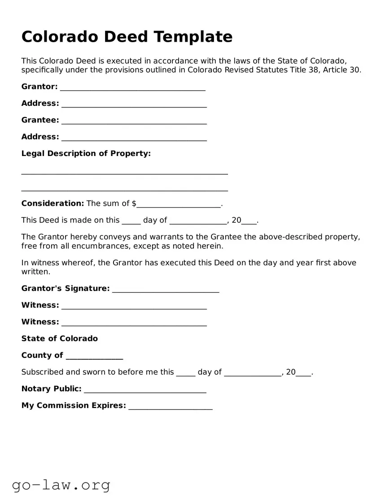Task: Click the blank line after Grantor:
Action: (x=133, y=87)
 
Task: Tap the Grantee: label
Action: (x=40, y=120)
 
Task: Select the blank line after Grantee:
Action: (x=134, y=121)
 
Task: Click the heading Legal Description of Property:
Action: (x=86, y=153)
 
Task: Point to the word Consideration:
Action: (x=53, y=204)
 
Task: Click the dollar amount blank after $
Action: (x=179, y=204)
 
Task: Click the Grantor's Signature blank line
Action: (x=166, y=289)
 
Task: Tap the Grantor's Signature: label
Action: (x=66, y=288)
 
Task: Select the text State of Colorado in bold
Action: (x=60, y=339)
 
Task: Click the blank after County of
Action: (x=94, y=356)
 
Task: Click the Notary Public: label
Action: (x=51, y=389)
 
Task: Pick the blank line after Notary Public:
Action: (x=145, y=390)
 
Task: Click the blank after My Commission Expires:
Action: (x=170, y=406)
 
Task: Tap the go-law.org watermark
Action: (x=61, y=485)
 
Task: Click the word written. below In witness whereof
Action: (x=36, y=272)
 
